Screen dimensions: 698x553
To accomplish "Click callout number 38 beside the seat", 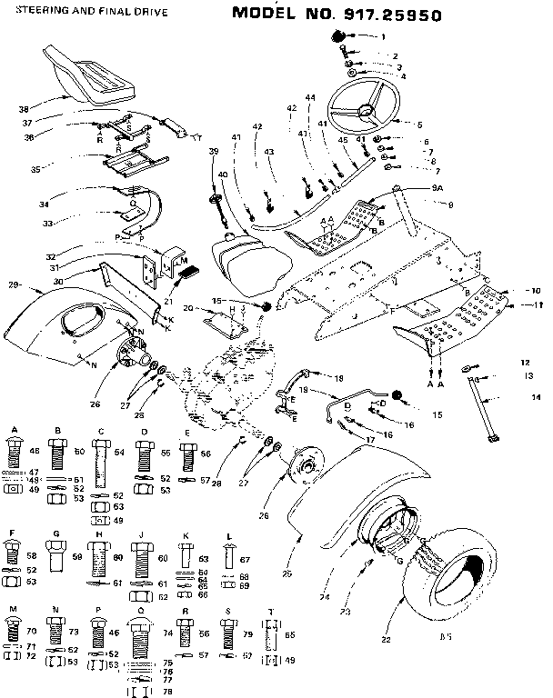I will (25, 109).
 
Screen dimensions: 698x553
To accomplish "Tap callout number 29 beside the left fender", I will (13, 285).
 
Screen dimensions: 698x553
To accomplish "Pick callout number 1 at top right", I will (383, 36).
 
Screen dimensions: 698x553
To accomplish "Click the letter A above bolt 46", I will (15, 427).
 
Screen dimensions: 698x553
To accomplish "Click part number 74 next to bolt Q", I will (168, 631).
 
